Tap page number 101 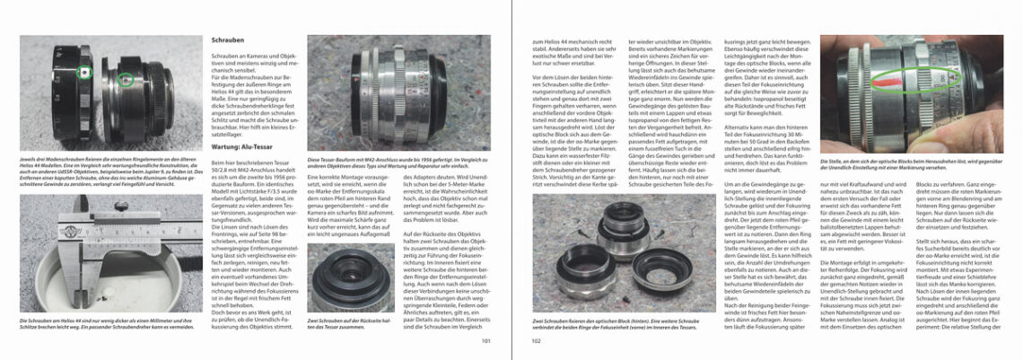(485, 341)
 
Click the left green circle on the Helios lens (83, 71)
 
